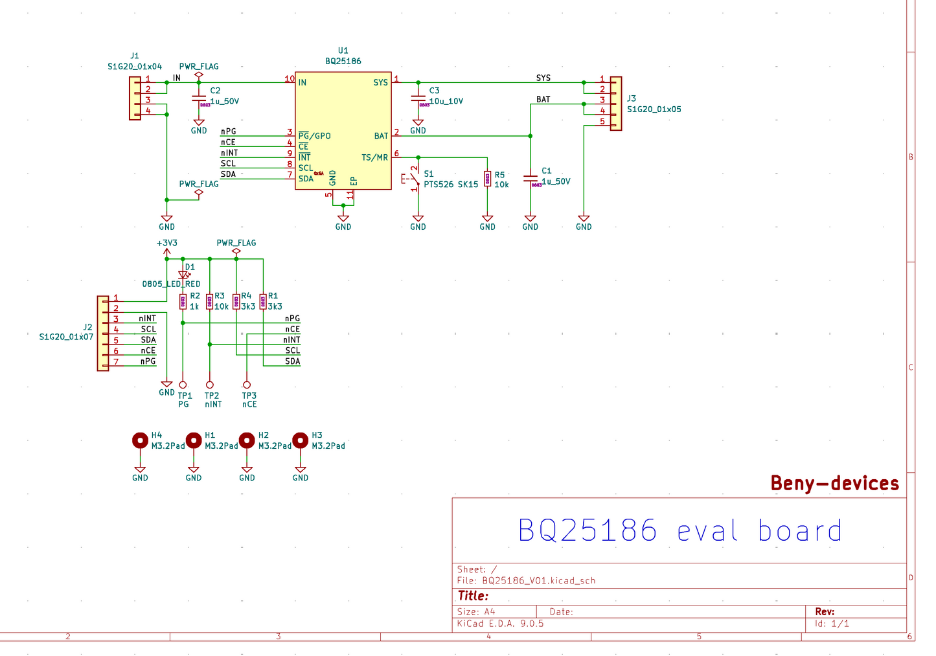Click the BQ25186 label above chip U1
343,62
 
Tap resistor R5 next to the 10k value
487,179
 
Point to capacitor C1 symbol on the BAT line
530,179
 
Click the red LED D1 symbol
183,275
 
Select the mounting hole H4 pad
140,441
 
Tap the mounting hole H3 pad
300,441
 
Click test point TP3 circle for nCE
247,385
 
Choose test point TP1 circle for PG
183,385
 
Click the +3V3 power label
166,243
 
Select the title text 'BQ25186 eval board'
679,531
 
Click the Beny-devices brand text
834,483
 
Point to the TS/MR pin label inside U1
374,157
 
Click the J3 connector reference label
631,98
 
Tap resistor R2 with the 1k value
183,301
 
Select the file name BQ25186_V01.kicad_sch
538,580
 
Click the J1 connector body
135,98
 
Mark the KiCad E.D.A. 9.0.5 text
500,624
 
